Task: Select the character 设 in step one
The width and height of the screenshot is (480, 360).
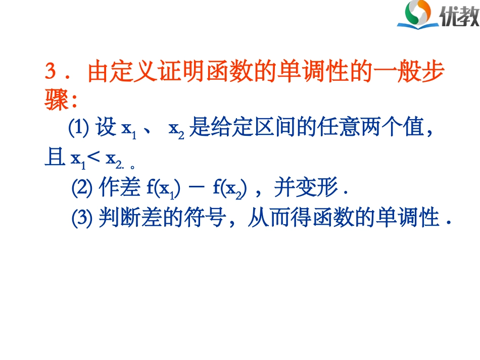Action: (x=106, y=129)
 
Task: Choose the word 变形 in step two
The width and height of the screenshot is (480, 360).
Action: (x=322, y=188)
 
